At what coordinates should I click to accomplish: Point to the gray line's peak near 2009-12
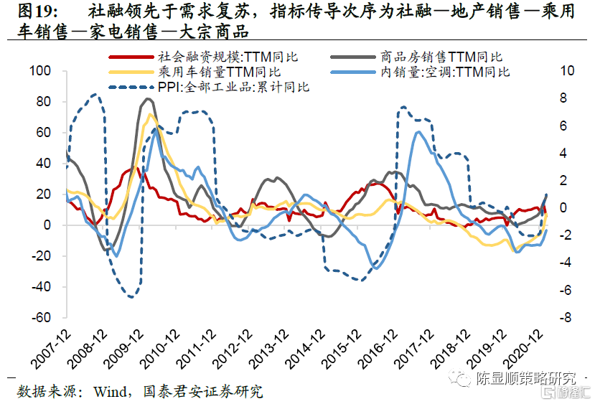(x=147, y=99)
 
